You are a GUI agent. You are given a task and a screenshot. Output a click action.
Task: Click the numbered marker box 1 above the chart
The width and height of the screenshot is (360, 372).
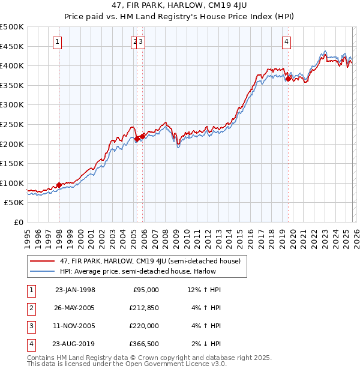(57, 41)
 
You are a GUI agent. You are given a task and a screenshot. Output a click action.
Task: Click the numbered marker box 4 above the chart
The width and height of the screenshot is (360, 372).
(287, 41)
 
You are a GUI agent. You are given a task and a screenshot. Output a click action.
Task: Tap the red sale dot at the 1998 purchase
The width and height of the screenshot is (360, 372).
(59, 185)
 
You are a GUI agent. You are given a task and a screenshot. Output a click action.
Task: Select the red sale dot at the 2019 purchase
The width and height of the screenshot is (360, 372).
(289, 78)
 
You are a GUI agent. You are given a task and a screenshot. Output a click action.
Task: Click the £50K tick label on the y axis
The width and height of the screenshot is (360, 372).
(14, 203)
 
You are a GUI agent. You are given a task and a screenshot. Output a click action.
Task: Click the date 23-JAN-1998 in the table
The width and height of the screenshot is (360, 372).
(75, 290)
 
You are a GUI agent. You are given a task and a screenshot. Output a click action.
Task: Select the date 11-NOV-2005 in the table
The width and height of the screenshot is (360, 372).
(75, 326)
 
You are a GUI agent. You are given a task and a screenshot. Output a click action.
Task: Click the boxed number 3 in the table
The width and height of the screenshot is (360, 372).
(31, 326)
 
